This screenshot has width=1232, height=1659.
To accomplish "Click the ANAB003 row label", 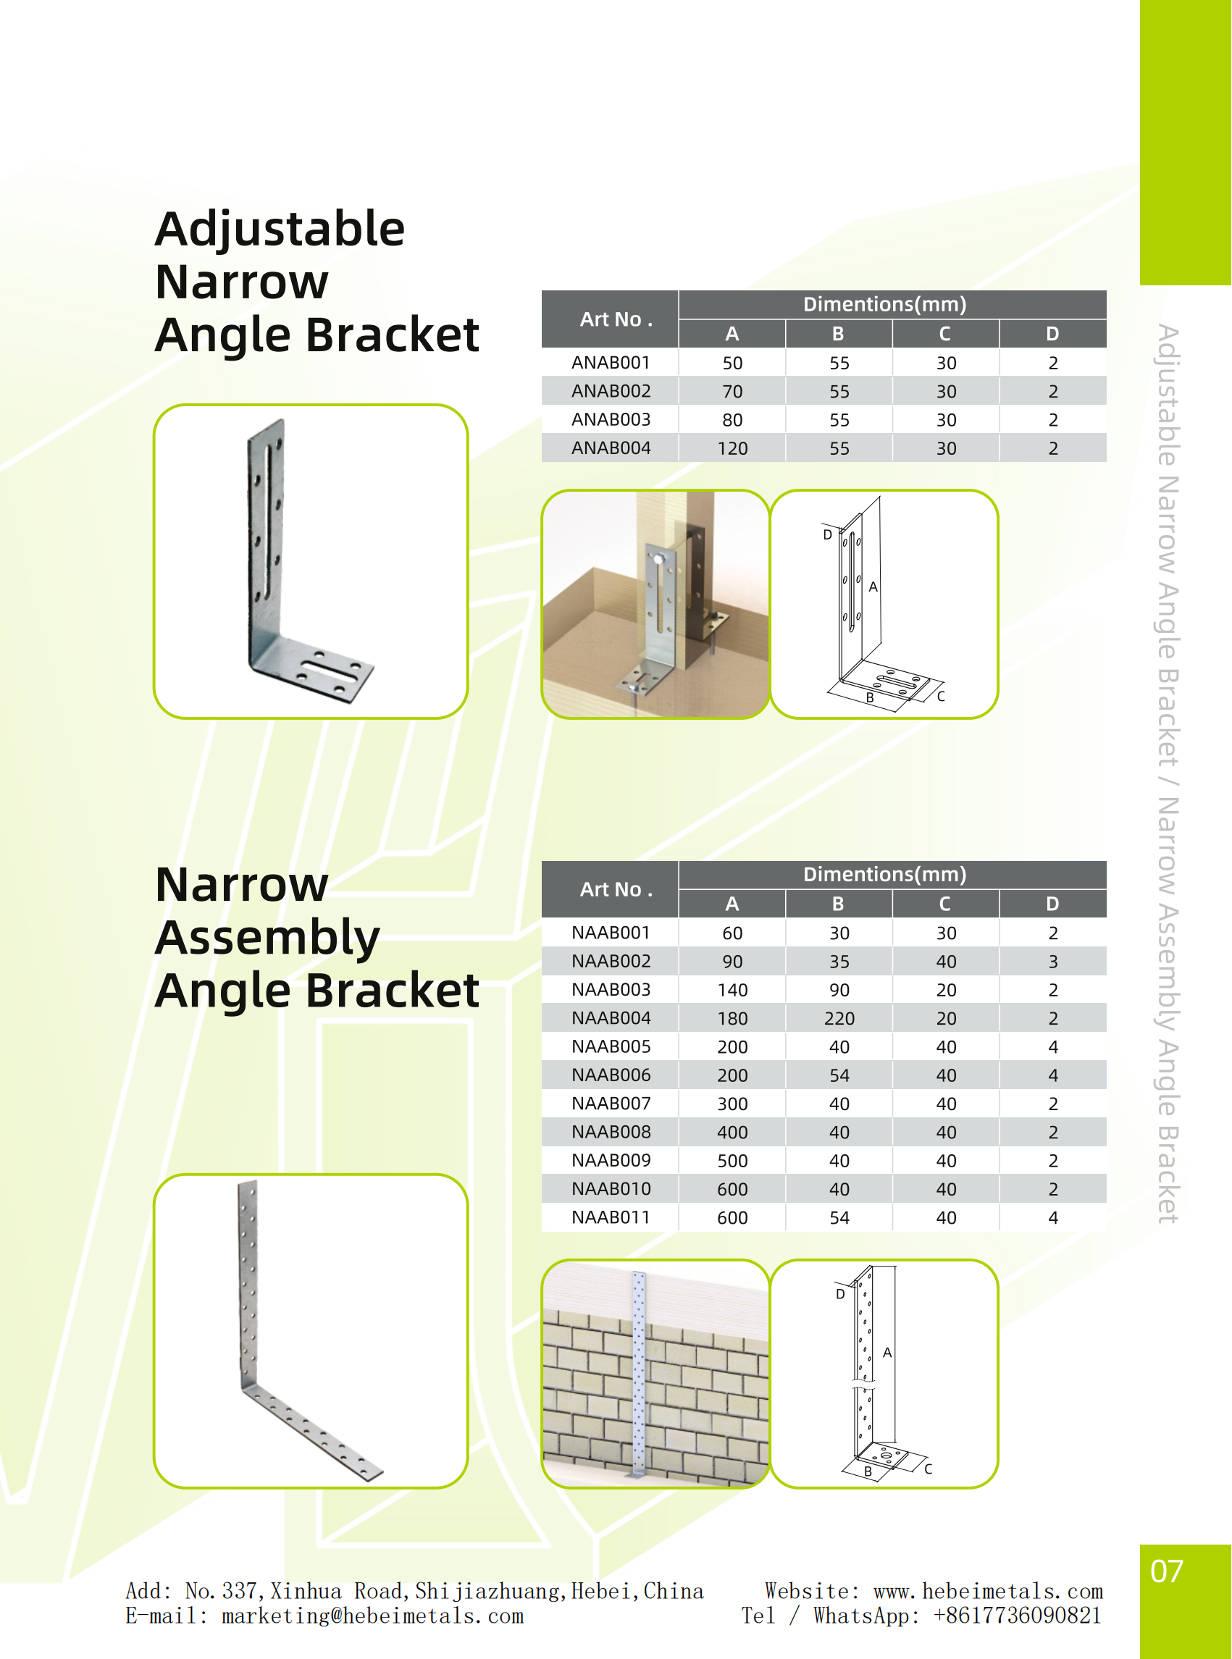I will (x=611, y=420).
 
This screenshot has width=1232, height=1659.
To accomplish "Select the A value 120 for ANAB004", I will (x=732, y=448).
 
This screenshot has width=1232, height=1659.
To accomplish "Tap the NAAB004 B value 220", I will (x=839, y=1019).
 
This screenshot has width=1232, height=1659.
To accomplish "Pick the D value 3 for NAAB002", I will (x=1052, y=962).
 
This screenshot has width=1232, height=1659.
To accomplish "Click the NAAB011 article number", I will (x=611, y=1217).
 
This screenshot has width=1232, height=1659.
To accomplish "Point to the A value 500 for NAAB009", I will (x=732, y=1161).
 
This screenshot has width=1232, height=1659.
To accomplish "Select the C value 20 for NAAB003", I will (x=946, y=990).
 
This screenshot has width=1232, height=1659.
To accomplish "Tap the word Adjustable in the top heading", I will (x=280, y=229).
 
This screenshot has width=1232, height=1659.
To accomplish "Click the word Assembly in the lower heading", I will (x=267, y=937).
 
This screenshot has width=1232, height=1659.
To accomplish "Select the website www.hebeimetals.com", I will (x=987, y=1592).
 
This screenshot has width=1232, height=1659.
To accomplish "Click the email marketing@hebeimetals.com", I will (x=372, y=1616).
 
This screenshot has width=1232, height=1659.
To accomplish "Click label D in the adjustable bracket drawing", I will (x=827, y=535).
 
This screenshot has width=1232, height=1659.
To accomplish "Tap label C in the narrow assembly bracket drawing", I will (x=929, y=1469).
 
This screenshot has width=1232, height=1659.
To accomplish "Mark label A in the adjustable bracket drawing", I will (x=873, y=587).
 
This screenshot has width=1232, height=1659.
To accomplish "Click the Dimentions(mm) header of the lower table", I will (x=884, y=875).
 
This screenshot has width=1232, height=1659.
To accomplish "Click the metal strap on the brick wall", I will (x=638, y=1372).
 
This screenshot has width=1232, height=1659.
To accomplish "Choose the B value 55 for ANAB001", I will (x=839, y=364).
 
